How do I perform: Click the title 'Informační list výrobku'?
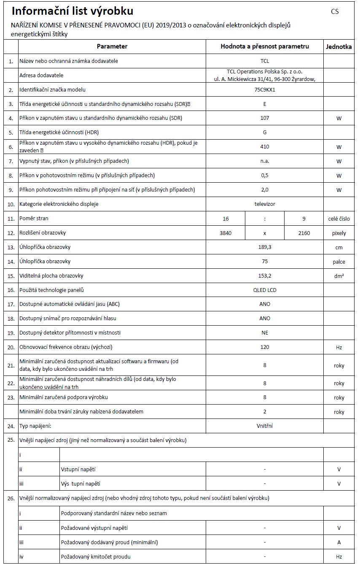73,11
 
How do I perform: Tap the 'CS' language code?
335,12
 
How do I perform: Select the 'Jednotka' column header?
339,47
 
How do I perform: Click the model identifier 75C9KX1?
265,90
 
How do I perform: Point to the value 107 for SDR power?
265,118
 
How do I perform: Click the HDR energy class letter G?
265,132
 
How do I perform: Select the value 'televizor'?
265,204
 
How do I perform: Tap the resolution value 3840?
226,233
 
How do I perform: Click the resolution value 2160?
304,233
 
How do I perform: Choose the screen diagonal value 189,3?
265,247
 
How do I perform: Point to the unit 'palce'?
339,262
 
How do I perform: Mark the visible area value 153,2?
265,276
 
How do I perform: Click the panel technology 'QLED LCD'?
265,290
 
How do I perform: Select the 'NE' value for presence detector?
265,333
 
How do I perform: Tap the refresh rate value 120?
265,347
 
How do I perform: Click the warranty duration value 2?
265,411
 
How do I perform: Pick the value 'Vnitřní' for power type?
265,426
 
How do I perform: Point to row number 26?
11,498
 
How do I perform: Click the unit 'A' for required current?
339,542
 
